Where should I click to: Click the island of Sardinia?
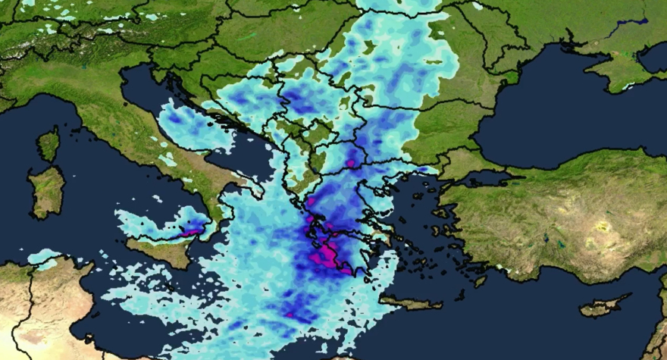click(47, 189)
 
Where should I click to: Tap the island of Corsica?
click(49, 144)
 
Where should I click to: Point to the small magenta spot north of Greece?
click(350, 162)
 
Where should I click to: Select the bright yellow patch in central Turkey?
click(603, 226)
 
